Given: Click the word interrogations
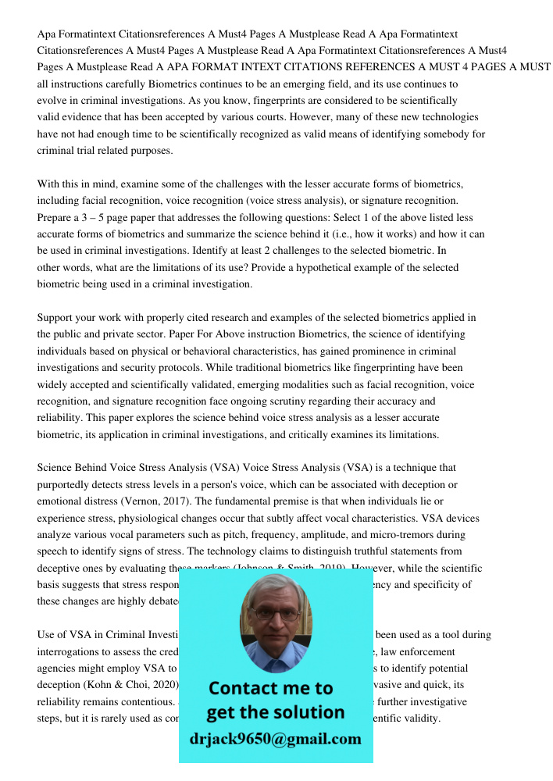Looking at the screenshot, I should (x=70, y=651).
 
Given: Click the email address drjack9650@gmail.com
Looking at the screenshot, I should (x=276, y=739).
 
